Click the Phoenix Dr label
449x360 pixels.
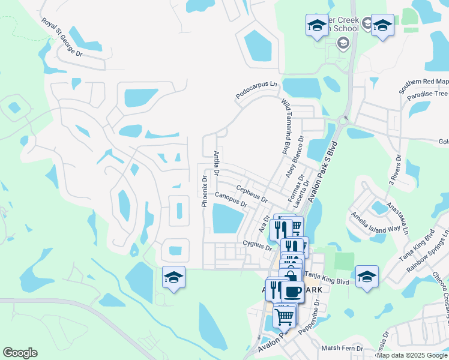pyautogui.click(x=204, y=191)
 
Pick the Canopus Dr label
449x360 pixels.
pyautogui.click(x=231, y=199)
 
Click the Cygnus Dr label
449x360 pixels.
pyautogui.click(x=258, y=245)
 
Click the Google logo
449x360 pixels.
pyautogui.click(x=20, y=353)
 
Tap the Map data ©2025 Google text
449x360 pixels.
pyautogui.click(x=412, y=355)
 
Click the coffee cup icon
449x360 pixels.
pyautogui.click(x=292, y=292)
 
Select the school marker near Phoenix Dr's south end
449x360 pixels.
pyautogui.click(x=173, y=277)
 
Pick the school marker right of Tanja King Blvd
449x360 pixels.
pyautogui.click(x=367, y=277)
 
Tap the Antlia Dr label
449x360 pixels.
pyautogui.click(x=217, y=164)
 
